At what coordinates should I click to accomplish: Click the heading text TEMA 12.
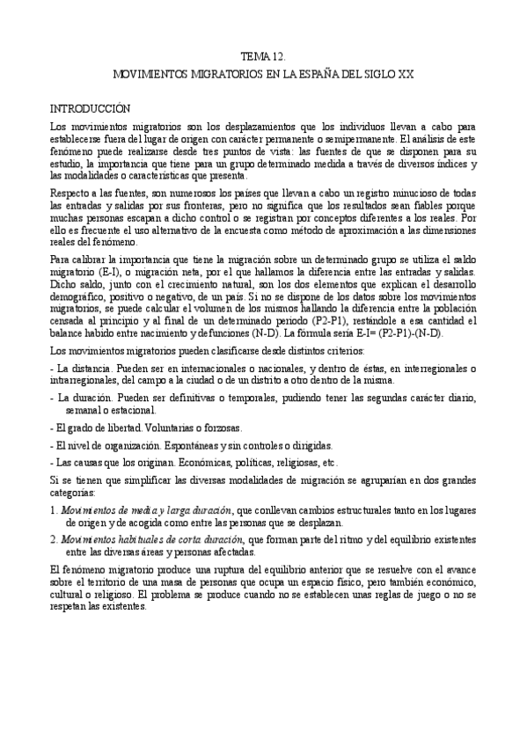[263, 55]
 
